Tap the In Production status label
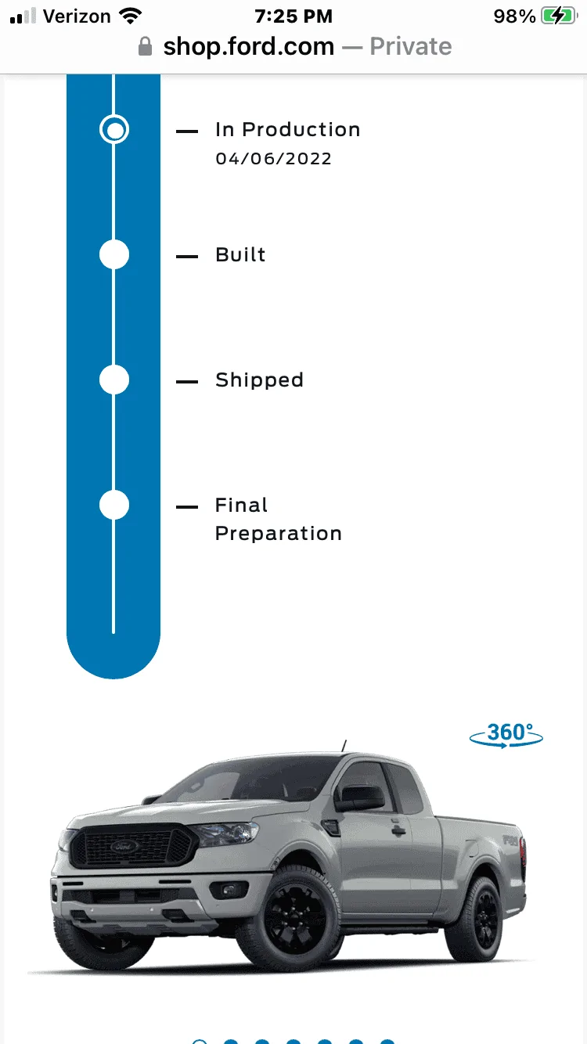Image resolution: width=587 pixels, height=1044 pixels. (288, 130)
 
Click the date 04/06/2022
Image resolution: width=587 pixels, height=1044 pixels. (273, 158)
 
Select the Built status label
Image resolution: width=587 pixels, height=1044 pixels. (240, 255)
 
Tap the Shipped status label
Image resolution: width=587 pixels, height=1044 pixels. (259, 380)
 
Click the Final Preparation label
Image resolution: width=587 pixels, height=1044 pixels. (279, 519)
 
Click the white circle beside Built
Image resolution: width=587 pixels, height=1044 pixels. (114, 254)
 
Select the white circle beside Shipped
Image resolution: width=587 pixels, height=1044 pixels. (114, 380)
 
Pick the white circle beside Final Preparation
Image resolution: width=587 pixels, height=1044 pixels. (114, 505)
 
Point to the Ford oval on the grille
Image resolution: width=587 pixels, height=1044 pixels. (124, 846)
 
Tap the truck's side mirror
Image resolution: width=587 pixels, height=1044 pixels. (360, 797)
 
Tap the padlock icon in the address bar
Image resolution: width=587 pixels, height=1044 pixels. (145, 47)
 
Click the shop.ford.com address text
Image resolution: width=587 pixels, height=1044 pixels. (249, 47)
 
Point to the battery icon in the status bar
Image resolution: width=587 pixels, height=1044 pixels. (559, 16)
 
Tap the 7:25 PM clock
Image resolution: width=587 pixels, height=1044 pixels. (293, 16)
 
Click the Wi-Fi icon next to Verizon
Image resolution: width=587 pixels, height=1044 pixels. (130, 16)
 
